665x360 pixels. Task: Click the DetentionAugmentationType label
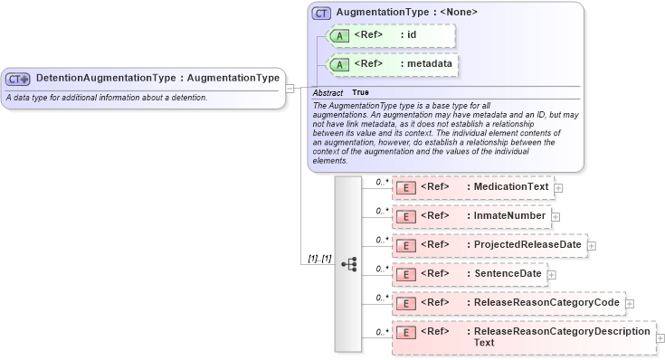(x=157, y=78)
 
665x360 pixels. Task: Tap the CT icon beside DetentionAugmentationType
(x=18, y=79)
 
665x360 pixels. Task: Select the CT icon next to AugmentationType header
(x=321, y=14)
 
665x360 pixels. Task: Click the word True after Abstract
(x=360, y=92)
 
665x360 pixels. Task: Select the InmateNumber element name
(x=509, y=216)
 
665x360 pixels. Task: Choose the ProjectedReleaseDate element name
(x=527, y=245)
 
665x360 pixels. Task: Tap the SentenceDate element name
(x=508, y=274)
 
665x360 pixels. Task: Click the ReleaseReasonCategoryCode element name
(x=546, y=303)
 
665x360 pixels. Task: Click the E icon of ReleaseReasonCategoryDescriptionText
(x=406, y=333)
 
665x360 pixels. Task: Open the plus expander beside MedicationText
(x=558, y=188)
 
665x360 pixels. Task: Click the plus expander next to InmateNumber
(x=556, y=217)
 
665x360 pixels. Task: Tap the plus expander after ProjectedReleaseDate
(x=592, y=246)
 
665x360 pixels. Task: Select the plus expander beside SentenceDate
(x=551, y=275)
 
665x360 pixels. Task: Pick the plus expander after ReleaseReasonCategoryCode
(x=630, y=304)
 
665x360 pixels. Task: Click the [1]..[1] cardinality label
(x=319, y=259)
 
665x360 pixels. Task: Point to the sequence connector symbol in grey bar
(x=348, y=264)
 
